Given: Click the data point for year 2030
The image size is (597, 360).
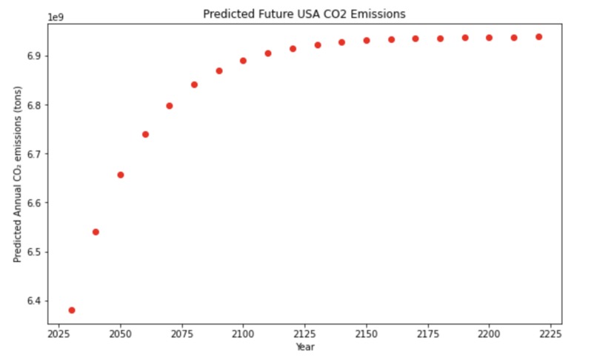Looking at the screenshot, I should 72,310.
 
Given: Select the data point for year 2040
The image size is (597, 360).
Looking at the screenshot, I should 96,232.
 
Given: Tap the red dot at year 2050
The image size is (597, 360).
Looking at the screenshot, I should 121,175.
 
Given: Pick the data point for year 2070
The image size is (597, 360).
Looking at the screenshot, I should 170,106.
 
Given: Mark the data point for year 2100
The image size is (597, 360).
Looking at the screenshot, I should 243,61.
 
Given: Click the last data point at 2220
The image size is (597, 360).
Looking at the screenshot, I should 538,36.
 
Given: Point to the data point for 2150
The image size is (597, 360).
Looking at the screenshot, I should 367,41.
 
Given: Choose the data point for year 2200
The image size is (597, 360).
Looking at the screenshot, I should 489,38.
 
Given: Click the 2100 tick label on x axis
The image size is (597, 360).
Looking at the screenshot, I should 243,335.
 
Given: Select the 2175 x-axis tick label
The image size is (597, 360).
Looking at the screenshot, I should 427,335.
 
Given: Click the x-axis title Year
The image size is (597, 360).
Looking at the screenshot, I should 304,346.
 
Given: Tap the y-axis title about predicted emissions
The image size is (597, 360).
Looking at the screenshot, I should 18,175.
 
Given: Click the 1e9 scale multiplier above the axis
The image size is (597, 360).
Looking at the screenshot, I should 56,16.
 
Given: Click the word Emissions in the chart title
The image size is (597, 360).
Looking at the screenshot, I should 379,14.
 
